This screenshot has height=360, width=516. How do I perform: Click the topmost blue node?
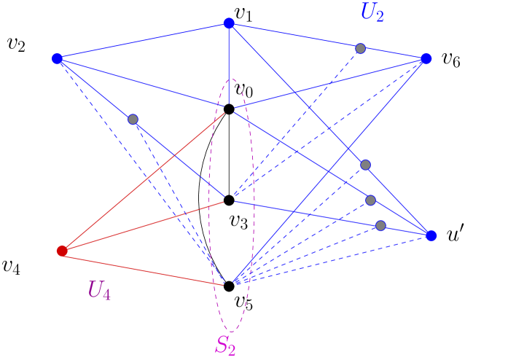[x=229, y=23]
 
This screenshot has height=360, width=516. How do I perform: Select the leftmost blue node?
[x=57, y=58]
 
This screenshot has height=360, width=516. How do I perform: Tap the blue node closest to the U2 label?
[x=426, y=58]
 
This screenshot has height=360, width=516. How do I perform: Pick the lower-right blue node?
[x=431, y=235]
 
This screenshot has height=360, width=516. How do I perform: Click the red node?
[x=62, y=251]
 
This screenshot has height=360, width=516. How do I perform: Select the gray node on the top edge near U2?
[x=360, y=48]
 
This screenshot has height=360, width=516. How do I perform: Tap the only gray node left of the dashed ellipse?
[x=133, y=119]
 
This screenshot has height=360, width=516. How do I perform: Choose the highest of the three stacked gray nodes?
[x=366, y=165]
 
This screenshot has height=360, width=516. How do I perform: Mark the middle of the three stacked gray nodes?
[x=370, y=200]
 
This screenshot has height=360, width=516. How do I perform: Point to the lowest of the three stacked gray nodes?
[x=380, y=225]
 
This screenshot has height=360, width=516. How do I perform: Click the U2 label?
[x=372, y=12]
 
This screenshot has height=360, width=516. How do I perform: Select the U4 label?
[x=99, y=290]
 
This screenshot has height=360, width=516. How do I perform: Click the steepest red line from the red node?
[x=146, y=179]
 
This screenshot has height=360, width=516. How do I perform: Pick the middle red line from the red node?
[x=146, y=225]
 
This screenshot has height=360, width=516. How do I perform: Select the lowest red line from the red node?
[x=146, y=267]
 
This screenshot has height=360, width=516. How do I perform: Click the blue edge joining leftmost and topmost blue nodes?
[x=143, y=41]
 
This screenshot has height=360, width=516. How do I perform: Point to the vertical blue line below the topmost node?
[x=229, y=66]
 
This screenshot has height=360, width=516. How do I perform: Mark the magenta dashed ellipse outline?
[x=209, y=204]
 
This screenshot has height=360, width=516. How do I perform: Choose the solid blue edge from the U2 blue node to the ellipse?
[x=328, y=84]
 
